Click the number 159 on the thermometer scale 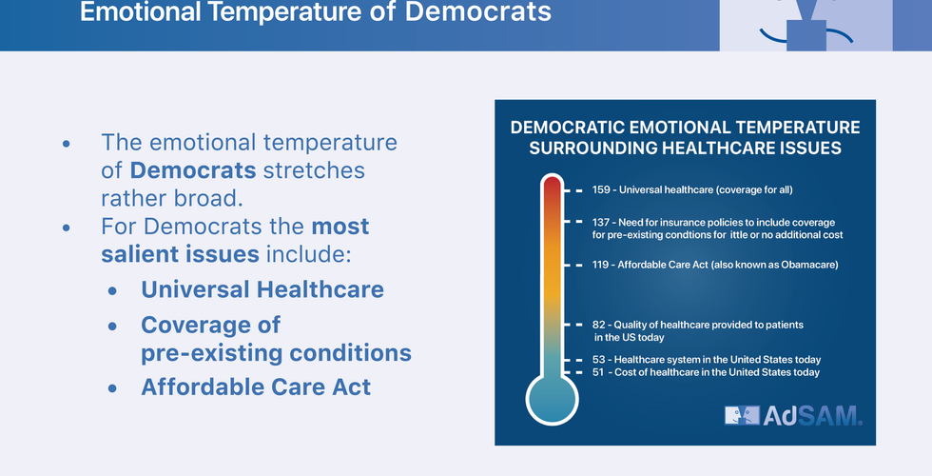pos(601,189)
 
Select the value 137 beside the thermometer pos(601,222)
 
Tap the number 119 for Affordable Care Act pos(601,265)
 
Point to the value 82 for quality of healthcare pos(598,325)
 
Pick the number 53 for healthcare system pos(598,360)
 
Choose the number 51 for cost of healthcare pos(598,372)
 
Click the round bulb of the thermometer pos(553,399)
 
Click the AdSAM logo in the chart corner pos(793,415)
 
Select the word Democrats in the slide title pos(477,11)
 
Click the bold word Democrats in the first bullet pos(193,170)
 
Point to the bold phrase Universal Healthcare pos(262,289)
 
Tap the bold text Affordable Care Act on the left pos(256,387)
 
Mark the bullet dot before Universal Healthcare pos(113,291)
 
